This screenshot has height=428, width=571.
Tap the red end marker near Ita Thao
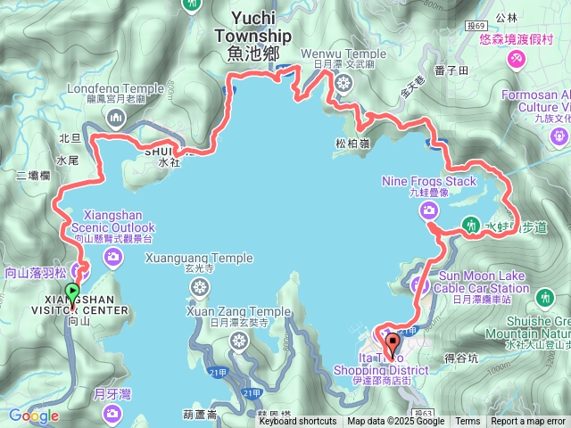click(392, 342)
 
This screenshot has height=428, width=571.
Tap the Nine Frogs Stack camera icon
click(429, 210)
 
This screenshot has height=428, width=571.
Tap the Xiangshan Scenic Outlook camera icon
click(113, 258)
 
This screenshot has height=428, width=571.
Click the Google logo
click(33, 416)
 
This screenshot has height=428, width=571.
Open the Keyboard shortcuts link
click(298, 422)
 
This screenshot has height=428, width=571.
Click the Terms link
click(468, 422)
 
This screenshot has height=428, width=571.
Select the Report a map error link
click(528, 422)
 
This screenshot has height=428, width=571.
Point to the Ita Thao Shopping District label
click(381, 364)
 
